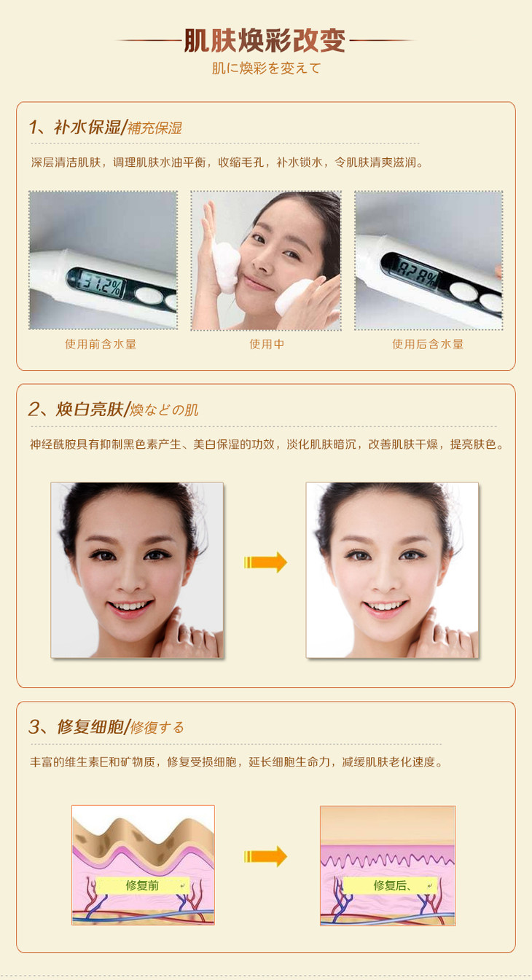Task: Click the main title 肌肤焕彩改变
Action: pyautogui.click(x=265, y=41)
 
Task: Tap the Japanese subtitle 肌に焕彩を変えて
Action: pyautogui.click(x=267, y=68)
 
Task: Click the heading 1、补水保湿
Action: pyautogui.click(x=74, y=128)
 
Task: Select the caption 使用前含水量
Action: pyautogui.click(x=101, y=345)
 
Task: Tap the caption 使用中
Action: pyautogui.click(x=267, y=345)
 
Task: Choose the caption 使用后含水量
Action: pyautogui.click(x=428, y=345)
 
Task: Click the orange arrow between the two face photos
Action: pyautogui.click(x=265, y=562)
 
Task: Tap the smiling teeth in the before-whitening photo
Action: pyautogui.click(x=130, y=606)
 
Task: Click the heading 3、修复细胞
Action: pyautogui.click(x=76, y=727)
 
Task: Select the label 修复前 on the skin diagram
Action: pyautogui.click(x=142, y=886)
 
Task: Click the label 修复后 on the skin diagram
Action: pyautogui.click(x=389, y=886)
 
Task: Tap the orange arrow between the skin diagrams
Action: pyautogui.click(x=265, y=856)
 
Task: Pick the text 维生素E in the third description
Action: pyautogui.click(x=86, y=762)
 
